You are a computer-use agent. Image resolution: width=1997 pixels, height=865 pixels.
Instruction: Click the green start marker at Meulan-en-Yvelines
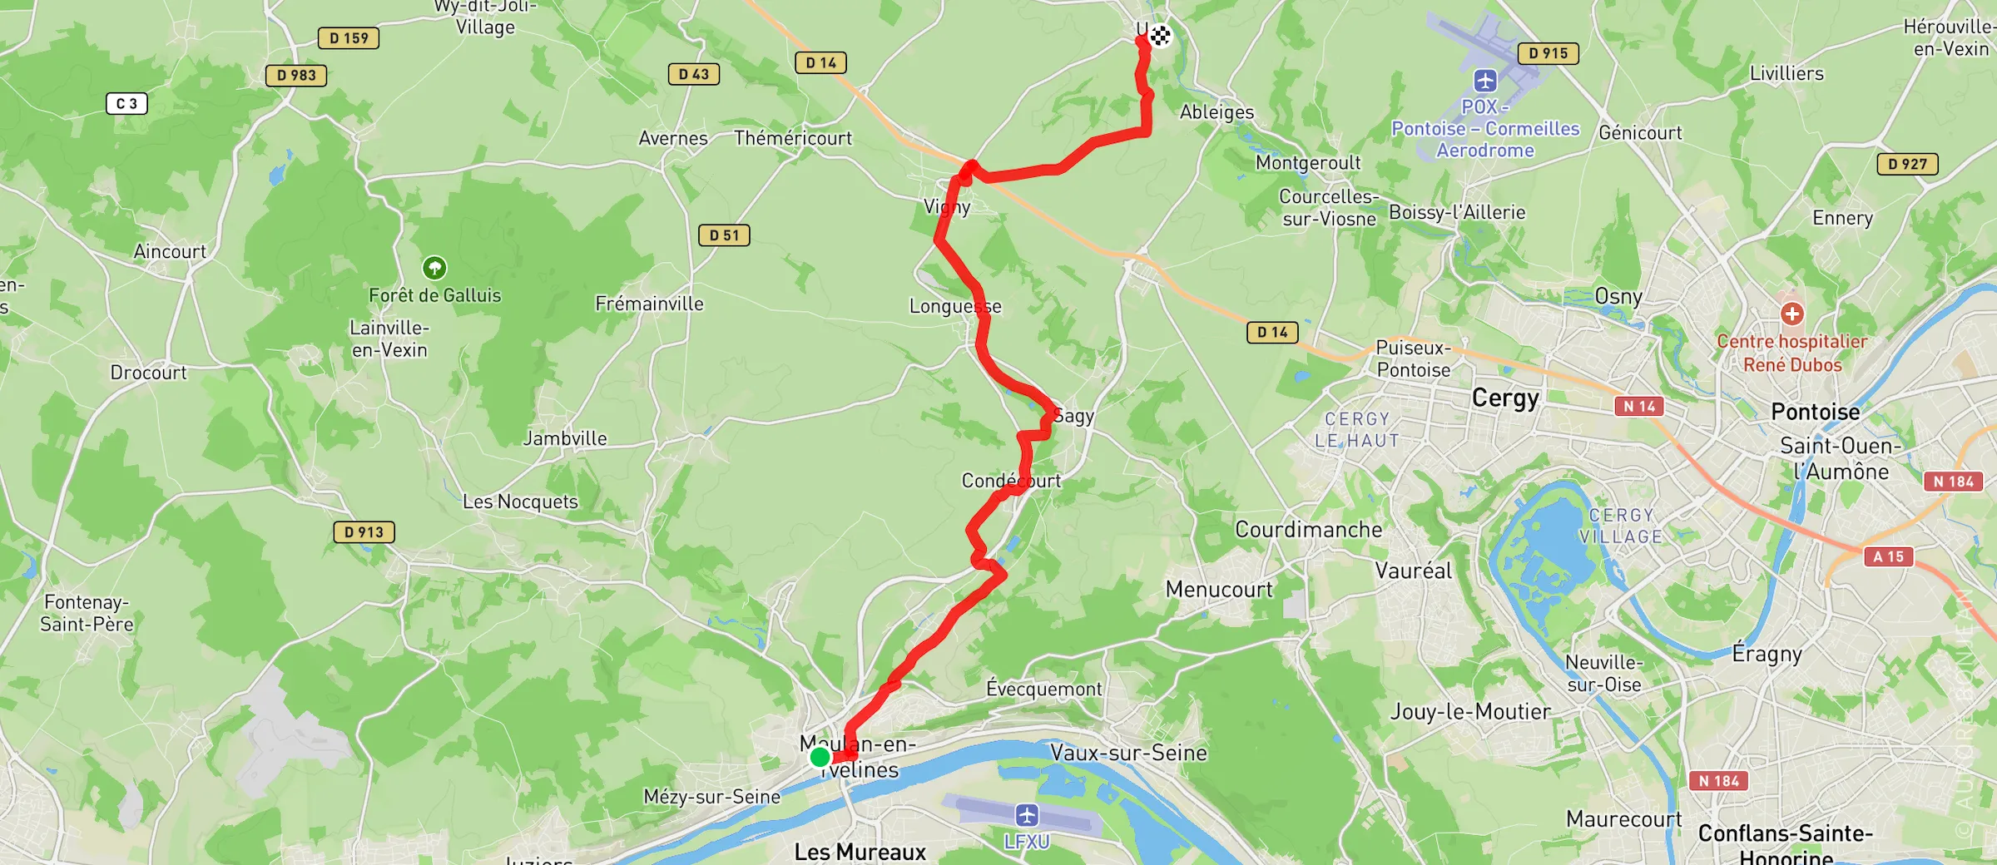coord(820,757)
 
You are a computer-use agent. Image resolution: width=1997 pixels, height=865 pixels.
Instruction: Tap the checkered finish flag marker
coord(1160,35)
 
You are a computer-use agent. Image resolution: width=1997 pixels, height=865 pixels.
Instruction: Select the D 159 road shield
coord(349,38)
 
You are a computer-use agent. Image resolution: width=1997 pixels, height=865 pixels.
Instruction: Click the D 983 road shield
coord(296,76)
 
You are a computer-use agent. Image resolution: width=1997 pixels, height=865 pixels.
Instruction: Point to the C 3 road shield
coord(126,104)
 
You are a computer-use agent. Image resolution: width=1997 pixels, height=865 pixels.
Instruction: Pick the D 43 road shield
coord(694,74)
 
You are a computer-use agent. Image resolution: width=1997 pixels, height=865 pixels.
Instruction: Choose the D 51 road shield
coord(724,235)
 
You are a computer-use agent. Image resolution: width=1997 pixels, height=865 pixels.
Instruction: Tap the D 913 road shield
coord(364,532)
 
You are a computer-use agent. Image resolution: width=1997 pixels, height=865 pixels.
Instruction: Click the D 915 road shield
coord(1548,53)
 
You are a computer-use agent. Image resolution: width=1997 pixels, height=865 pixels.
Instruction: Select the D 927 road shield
coord(1907,164)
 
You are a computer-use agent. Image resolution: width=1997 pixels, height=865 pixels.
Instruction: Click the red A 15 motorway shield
coord(1888,556)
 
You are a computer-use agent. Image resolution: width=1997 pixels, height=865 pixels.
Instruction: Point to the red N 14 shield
coord(1638,406)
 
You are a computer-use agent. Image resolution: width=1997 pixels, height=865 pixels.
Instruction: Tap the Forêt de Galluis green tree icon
coord(434,268)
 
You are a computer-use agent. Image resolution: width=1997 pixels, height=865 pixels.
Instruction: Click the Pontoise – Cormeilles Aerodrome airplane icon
coord(1485,81)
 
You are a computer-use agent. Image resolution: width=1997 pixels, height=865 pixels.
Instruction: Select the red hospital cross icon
coord(1792,314)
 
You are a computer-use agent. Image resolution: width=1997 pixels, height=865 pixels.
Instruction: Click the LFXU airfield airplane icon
coord(1027,814)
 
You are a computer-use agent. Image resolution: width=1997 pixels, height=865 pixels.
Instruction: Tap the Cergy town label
coord(1505,398)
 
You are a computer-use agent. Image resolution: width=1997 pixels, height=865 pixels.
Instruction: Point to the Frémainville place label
coord(649,304)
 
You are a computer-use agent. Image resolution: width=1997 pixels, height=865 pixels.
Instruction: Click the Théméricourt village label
coord(793,138)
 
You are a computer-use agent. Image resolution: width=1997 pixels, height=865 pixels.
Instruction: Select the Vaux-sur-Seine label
coord(1128,753)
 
